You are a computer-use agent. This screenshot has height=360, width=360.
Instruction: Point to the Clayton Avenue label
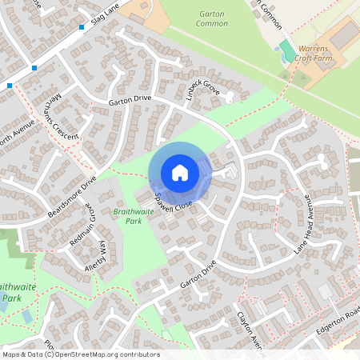(x=250, y=330)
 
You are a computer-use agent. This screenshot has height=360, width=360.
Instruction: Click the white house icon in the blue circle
(x=180, y=172)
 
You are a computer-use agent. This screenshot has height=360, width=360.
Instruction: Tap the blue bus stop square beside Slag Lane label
(x=82, y=27)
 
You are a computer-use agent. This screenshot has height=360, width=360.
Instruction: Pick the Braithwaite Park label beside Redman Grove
(x=134, y=217)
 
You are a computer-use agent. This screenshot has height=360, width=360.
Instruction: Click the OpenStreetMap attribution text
(x=81, y=354)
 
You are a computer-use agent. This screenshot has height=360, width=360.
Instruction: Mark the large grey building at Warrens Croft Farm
(x=344, y=36)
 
